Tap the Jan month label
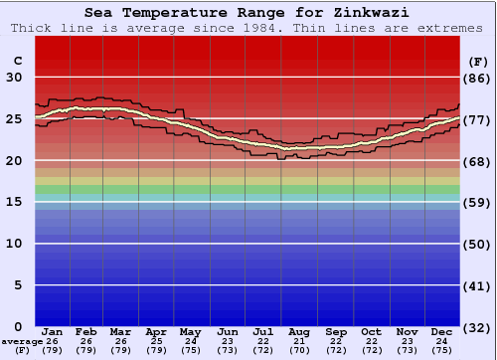click(53, 332)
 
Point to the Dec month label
click(442, 332)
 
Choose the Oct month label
click(370, 332)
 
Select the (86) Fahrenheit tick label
click(477, 78)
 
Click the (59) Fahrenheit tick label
click(477, 202)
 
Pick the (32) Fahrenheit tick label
click(477, 327)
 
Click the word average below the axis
click(21, 341)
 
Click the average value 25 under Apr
click(156, 341)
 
